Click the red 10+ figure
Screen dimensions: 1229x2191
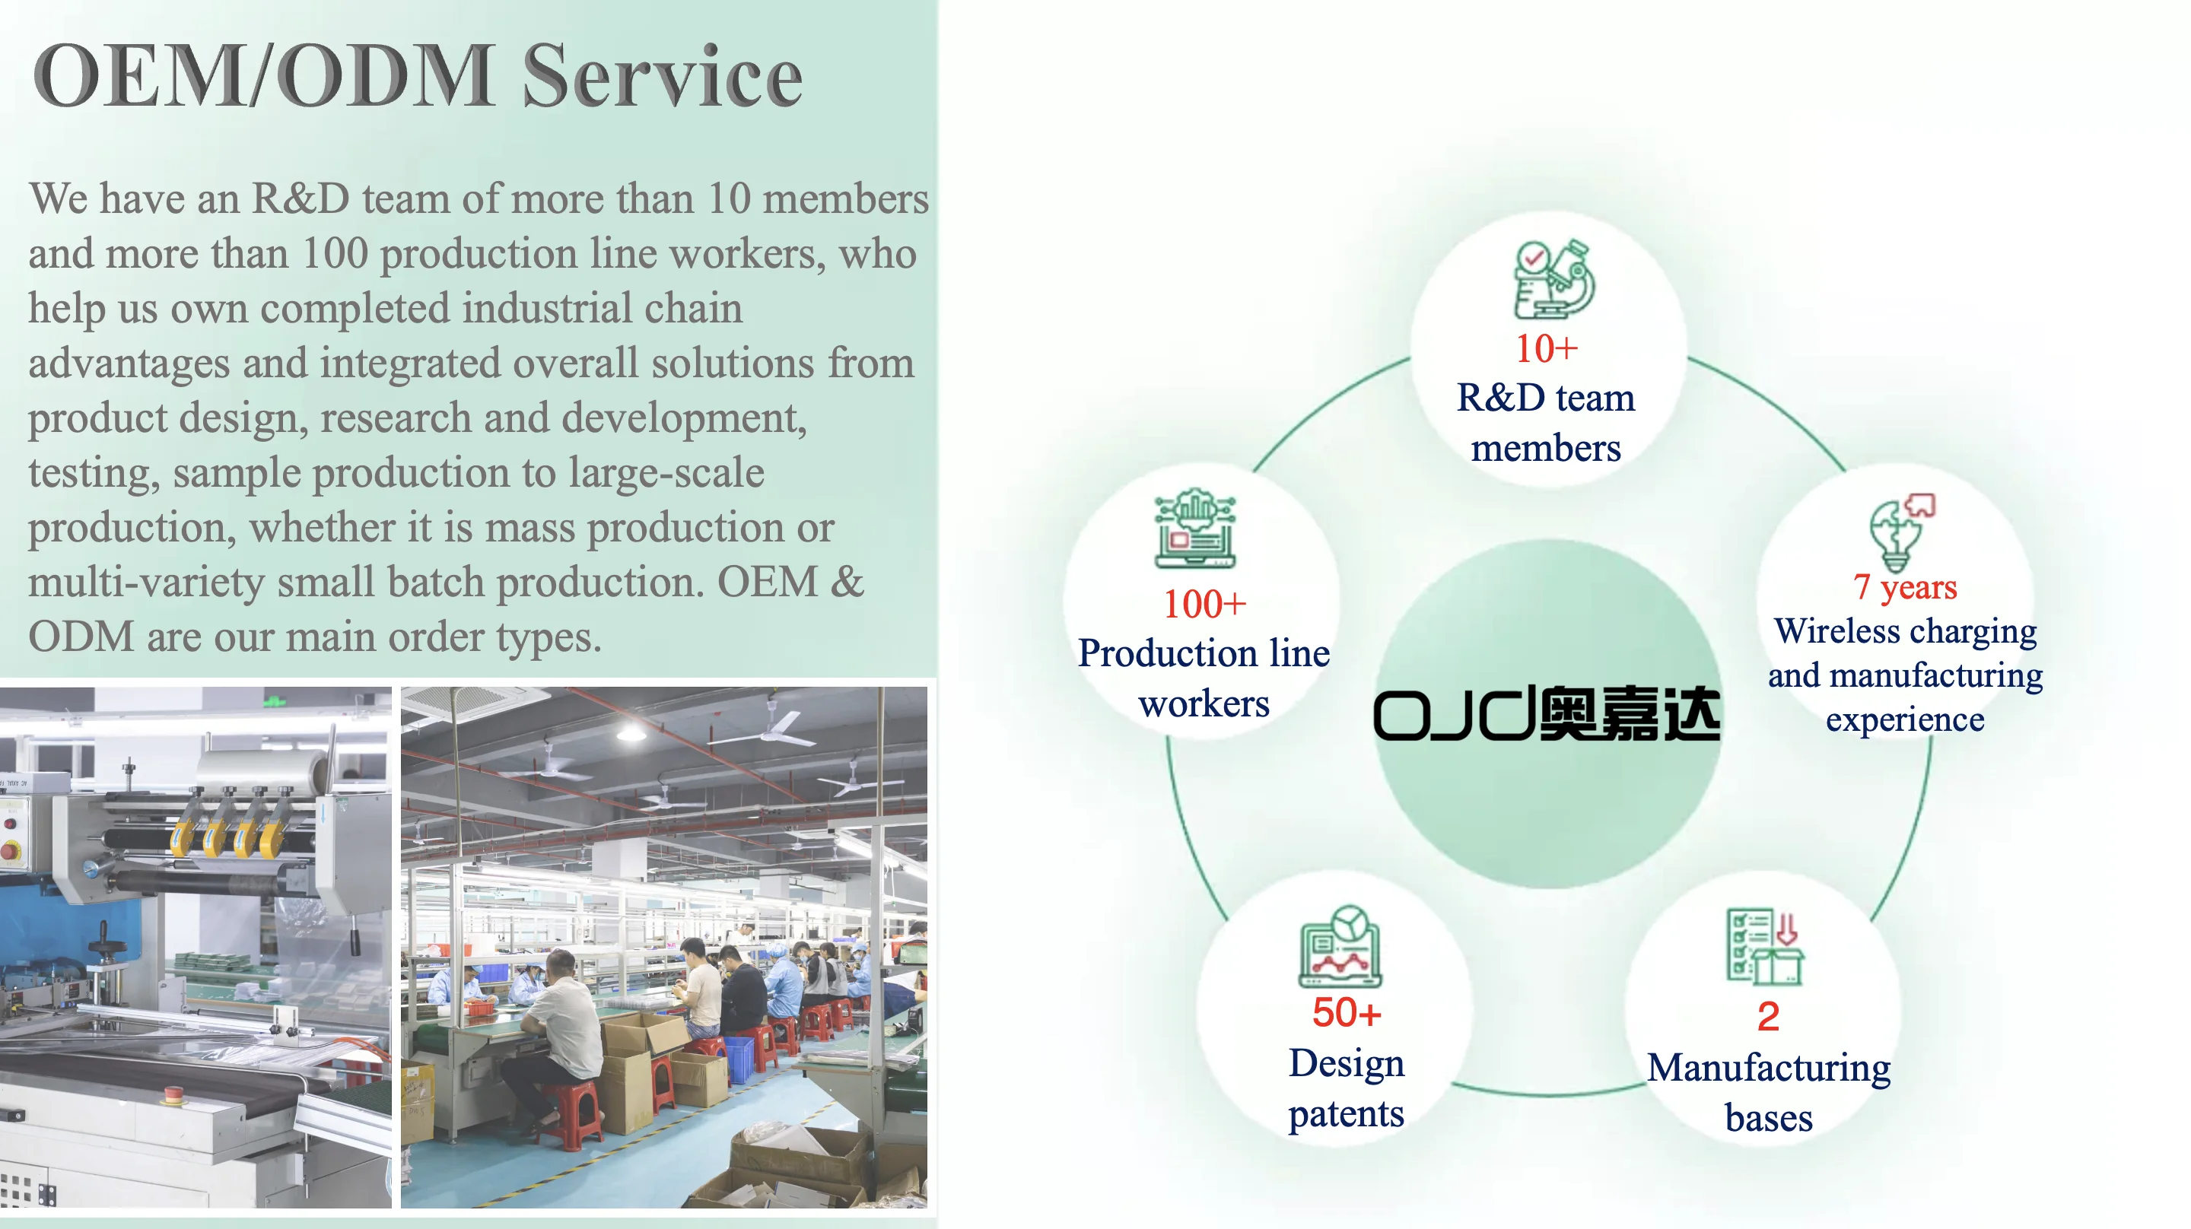pyautogui.click(x=1547, y=349)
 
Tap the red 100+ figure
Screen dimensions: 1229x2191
pyautogui.click(x=1204, y=605)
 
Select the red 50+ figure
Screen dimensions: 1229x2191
pyautogui.click(x=1347, y=1013)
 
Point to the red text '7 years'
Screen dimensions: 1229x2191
pyautogui.click(x=1905, y=587)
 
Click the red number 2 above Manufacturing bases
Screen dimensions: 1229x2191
pyautogui.click(x=1768, y=1016)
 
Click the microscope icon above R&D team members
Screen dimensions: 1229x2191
pyautogui.click(x=1554, y=279)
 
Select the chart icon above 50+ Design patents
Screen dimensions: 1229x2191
pyautogui.click(x=1340, y=946)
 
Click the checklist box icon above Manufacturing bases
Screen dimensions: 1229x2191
pyautogui.click(x=1765, y=946)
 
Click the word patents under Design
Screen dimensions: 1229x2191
pyautogui.click(x=1346, y=1113)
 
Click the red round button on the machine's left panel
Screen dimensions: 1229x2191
pyautogui.click(x=10, y=849)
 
